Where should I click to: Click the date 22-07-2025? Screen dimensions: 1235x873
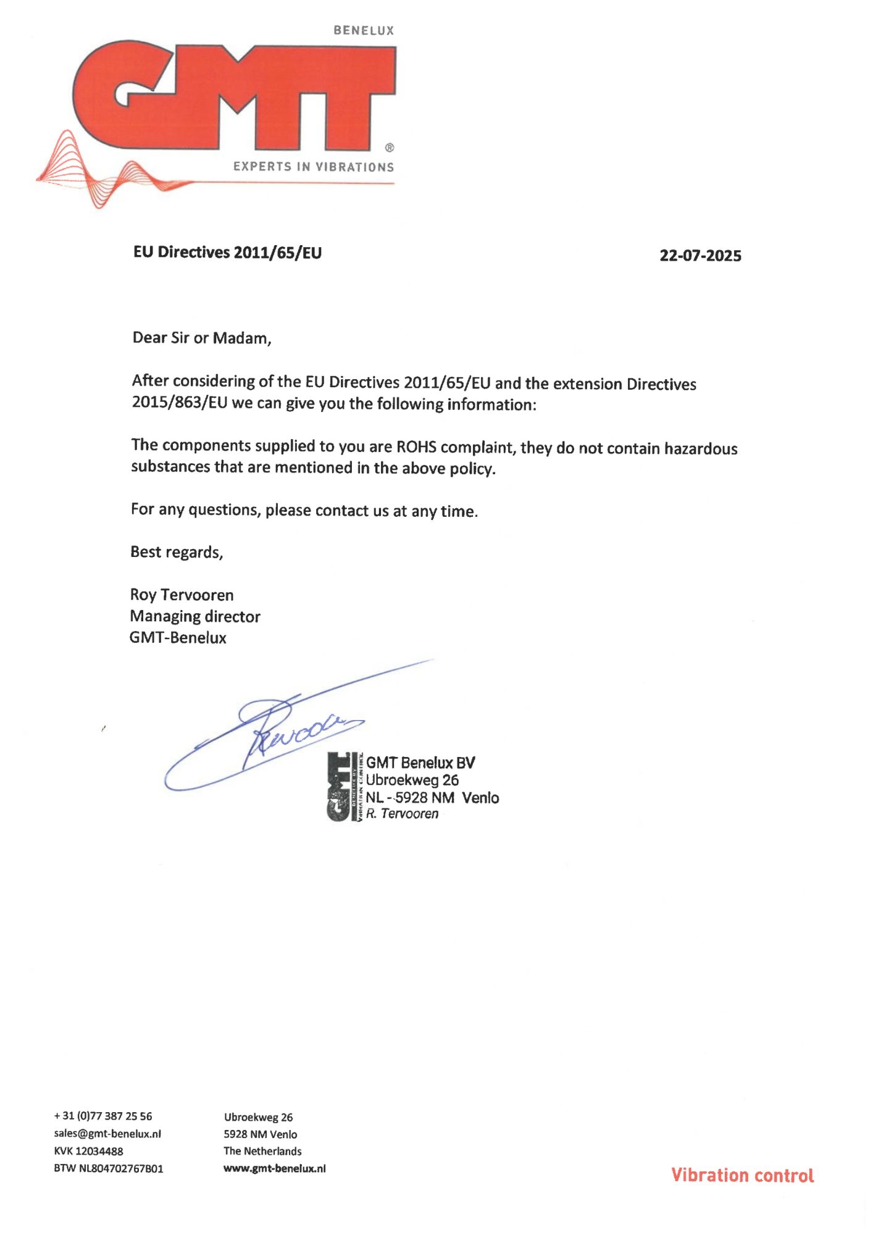click(x=700, y=256)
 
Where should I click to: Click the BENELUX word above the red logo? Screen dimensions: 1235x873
click(x=364, y=30)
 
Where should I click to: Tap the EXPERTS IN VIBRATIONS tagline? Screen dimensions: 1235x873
click(x=313, y=167)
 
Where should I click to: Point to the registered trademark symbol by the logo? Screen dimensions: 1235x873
click(x=390, y=148)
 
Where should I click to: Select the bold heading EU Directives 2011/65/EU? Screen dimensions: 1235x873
click(x=227, y=253)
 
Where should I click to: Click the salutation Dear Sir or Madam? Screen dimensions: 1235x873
click(x=202, y=338)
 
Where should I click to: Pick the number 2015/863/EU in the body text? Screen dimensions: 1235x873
click(x=180, y=403)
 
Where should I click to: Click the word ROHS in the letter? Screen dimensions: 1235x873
click(x=416, y=446)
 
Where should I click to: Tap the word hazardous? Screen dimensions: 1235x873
click(x=701, y=448)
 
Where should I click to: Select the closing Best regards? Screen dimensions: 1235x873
click(x=177, y=552)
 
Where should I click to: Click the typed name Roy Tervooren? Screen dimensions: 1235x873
click(x=182, y=595)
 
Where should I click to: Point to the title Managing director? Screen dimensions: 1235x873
click(x=195, y=616)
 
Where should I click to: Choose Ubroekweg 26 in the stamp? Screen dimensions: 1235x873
click(x=412, y=780)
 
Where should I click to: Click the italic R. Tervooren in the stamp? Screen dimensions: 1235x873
click(x=402, y=814)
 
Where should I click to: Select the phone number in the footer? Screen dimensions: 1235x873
click(x=103, y=1116)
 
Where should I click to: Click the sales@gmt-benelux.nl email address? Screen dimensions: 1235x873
click(x=107, y=1133)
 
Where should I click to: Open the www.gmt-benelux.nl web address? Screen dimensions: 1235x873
click(x=275, y=1168)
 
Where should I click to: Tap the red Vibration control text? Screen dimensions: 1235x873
click(x=742, y=1175)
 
